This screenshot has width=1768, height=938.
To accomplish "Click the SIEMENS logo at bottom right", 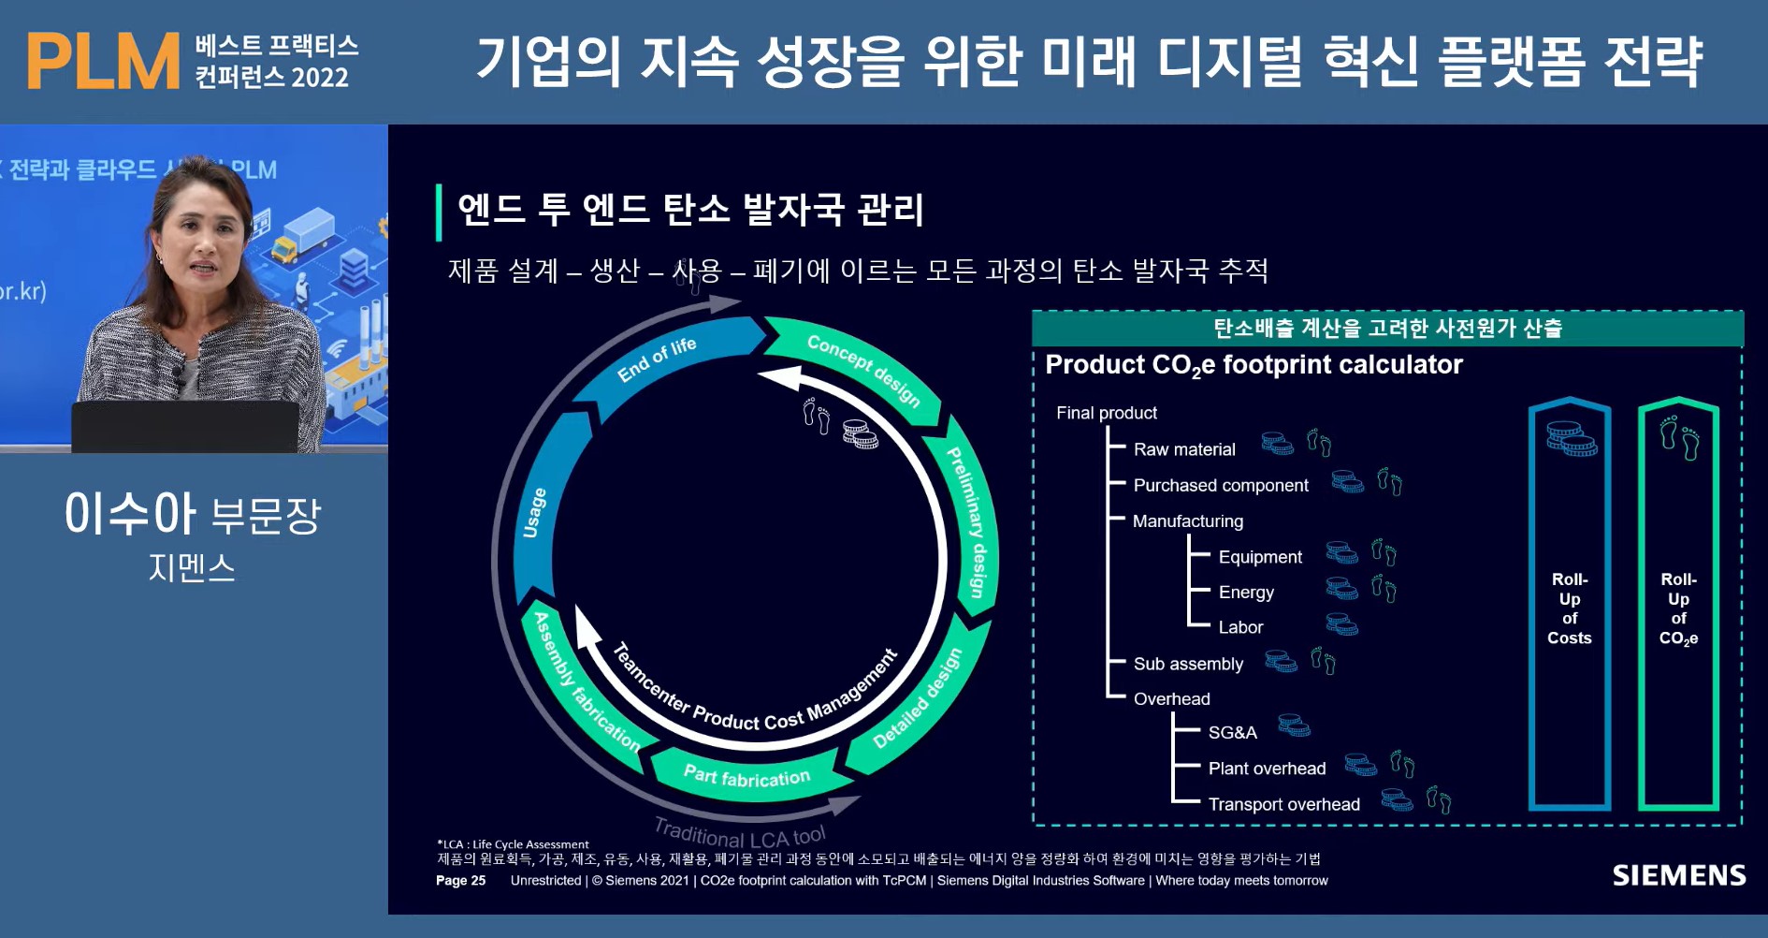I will [x=1678, y=875].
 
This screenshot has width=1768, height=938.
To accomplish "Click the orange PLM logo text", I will [x=103, y=62].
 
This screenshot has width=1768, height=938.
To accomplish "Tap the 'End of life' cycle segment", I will [x=658, y=360].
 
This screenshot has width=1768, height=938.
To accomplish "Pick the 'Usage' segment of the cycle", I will [x=534, y=513].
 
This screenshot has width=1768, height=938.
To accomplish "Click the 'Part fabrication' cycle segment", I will [x=746, y=776].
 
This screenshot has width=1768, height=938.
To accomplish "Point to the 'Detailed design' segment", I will [x=918, y=698].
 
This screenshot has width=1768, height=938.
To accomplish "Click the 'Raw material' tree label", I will [x=1183, y=449].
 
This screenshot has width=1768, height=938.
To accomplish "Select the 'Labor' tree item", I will [x=1240, y=627].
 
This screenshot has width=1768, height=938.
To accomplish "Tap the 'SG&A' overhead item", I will [x=1232, y=733].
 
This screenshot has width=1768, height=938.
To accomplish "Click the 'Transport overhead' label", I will [x=1283, y=804].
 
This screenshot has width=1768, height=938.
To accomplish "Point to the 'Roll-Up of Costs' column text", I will [x=1569, y=608].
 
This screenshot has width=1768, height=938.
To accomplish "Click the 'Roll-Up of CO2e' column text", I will [x=1678, y=608].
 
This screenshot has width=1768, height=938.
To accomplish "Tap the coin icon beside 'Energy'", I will [x=1341, y=589].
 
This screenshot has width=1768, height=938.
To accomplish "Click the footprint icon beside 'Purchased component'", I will [x=1389, y=483].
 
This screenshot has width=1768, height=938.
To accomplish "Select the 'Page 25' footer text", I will [x=460, y=881].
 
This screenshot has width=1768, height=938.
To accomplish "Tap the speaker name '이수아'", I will [x=130, y=514].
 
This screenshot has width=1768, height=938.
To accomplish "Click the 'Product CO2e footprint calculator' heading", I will [x=1253, y=365].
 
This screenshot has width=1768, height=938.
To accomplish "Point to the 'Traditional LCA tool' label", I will [x=739, y=832].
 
